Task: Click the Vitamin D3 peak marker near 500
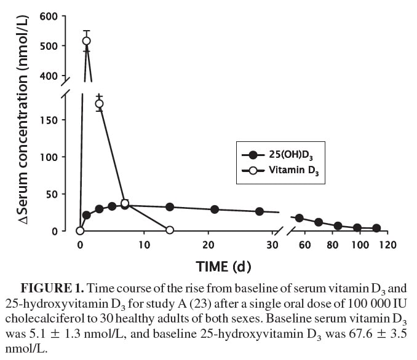coord(87,41)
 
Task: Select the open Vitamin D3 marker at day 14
coord(170,230)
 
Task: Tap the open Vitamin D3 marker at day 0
coord(80,231)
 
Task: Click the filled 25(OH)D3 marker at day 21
coord(215,209)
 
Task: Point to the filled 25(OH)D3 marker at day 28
coord(260,211)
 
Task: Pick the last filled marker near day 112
coord(376,228)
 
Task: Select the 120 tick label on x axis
coord(387,245)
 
